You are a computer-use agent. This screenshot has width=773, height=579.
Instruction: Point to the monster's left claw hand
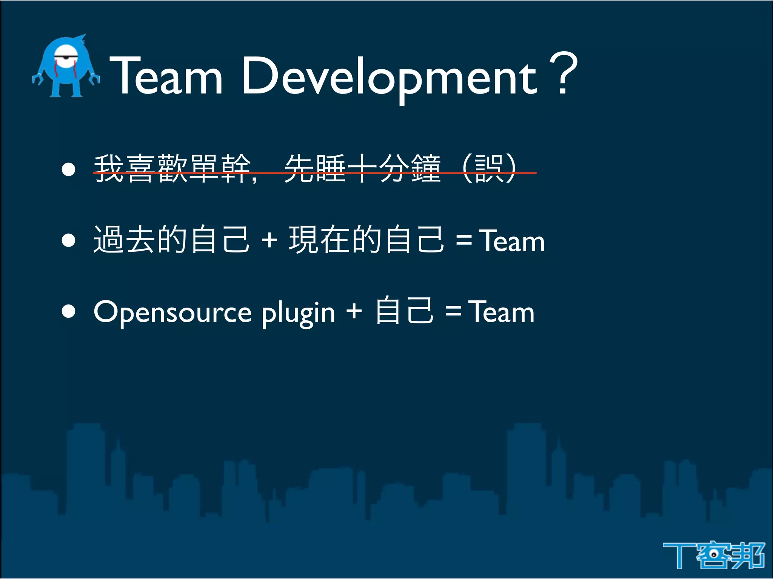37,79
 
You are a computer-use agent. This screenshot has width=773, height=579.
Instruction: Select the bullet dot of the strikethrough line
68,169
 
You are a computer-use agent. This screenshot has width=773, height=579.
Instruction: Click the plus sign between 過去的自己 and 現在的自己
269,240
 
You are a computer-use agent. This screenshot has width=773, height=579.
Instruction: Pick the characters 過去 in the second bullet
125,240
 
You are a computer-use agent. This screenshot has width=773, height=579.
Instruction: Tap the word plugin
298,313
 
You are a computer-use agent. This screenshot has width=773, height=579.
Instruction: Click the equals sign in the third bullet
453,311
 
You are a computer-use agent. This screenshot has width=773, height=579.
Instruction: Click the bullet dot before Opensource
68,311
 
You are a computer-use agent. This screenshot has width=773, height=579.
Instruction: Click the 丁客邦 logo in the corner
713,555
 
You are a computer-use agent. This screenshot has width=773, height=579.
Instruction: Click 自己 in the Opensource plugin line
404,311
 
